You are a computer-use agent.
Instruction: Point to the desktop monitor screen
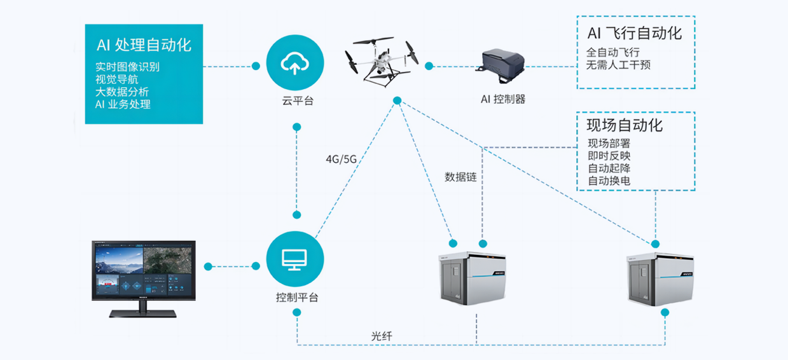(x=142, y=270)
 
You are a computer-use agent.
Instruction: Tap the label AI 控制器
(x=503, y=99)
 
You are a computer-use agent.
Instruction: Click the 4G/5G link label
(x=341, y=159)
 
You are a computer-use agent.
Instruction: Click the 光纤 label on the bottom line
(x=382, y=335)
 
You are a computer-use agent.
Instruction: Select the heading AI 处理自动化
(x=144, y=45)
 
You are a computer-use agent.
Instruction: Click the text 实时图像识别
(x=127, y=67)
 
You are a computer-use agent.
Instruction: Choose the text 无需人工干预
(x=618, y=65)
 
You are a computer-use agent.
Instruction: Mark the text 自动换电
(x=609, y=181)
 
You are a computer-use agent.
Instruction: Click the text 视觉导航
(x=116, y=80)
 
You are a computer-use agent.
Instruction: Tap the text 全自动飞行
(x=612, y=52)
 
